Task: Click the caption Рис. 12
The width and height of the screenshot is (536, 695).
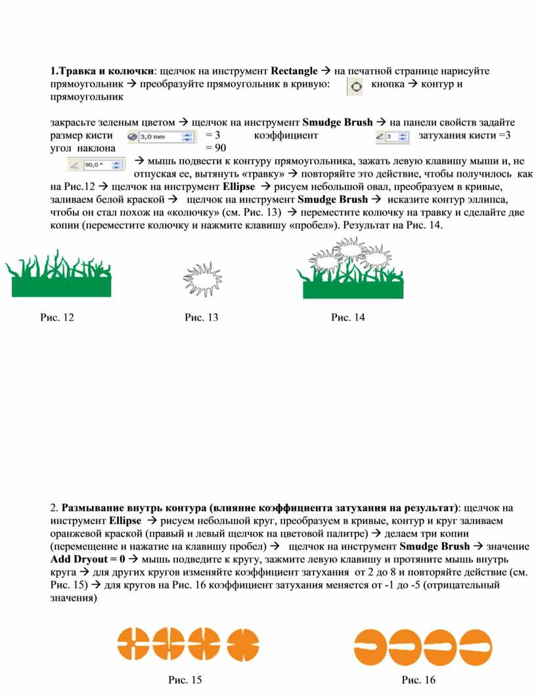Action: pyautogui.click(x=57, y=318)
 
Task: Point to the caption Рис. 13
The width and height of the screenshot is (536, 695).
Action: pyautogui.click(x=202, y=318)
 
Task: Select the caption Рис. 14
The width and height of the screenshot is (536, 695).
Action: pyautogui.click(x=348, y=318)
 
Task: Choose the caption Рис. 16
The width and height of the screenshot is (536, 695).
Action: pyautogui.click(x=419, y=680)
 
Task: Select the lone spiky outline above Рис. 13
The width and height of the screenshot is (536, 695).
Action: pyautogui.click(x=202, y=280)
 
